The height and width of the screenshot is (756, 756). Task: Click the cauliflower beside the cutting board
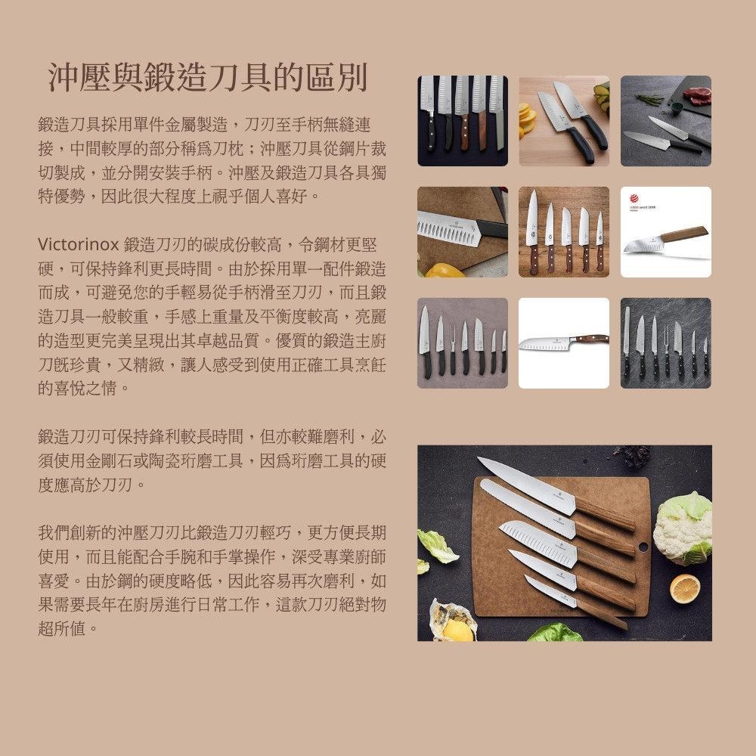tap(683, 526)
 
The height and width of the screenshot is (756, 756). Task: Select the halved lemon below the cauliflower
tap(685, 588)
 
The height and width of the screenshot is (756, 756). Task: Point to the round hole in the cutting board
tap(643, 546)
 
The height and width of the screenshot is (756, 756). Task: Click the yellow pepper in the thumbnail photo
tap(442, 270)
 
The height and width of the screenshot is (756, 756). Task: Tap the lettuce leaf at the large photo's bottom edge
tap(556, 634)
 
